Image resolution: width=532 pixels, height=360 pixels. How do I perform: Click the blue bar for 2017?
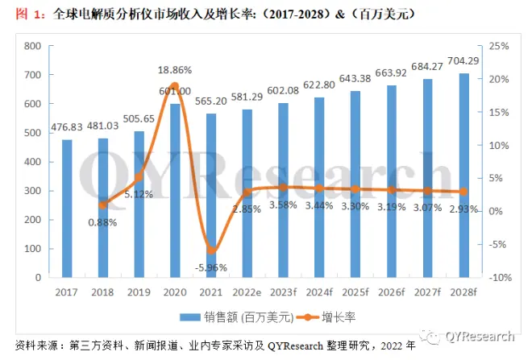(x=67, y=209)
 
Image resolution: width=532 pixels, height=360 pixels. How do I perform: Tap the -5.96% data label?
(x=211, y=267)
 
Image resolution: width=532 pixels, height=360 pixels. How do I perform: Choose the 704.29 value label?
(x=463, y=60)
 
